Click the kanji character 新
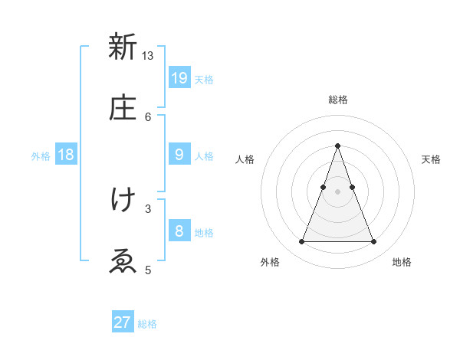(x=123, y=47)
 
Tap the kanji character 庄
(x=123, y=108)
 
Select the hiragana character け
(x=123, y=200)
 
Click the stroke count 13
(x=148, y=55)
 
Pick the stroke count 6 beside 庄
(x=148, y=116)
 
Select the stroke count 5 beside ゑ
(x=148, y=270)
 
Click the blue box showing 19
(x=179, y=77)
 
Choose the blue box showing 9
(x=179, y=154)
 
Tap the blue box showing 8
(x=179, y=231)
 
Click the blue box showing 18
(x=66, y=155)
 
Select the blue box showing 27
(x=123, y=322)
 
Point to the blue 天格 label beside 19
(x=204, y=80)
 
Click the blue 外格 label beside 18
(x=41, y=156)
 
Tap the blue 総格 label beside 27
(x=147, y=325)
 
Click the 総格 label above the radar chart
(x=337, y=100)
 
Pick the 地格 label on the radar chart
(x=402, y=263)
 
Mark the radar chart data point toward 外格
(x=301, y=242)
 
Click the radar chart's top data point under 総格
(x=337, y=146)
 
